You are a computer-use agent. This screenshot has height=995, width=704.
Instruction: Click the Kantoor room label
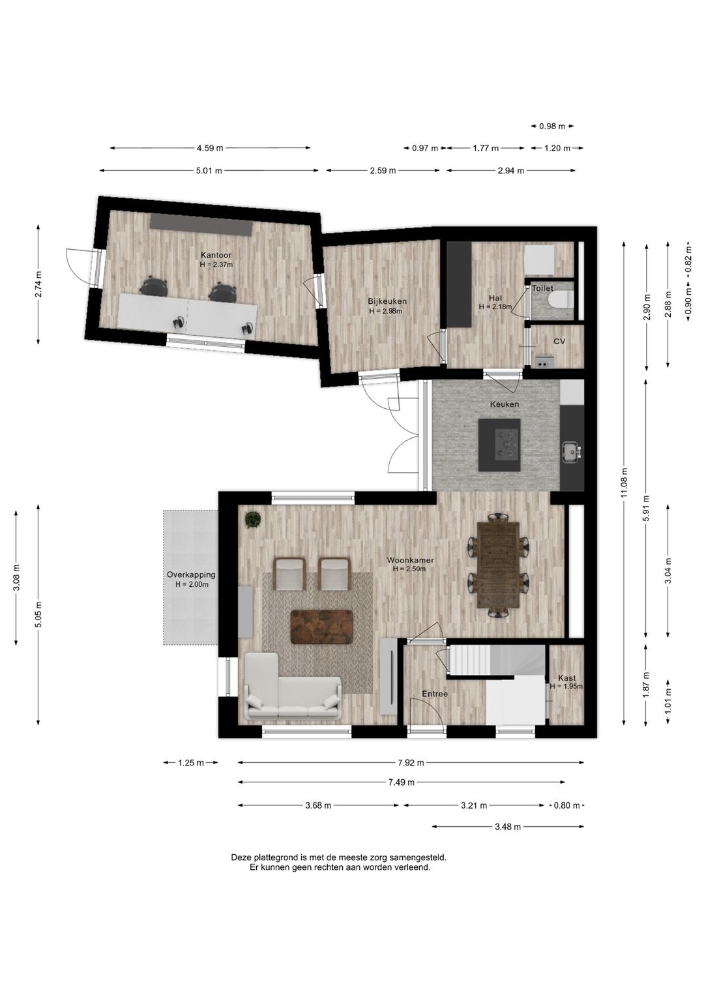point(216,255)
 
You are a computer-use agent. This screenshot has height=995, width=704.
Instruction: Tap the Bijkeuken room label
point(387,301)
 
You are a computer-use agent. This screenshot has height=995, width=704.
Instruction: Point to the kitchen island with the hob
point(499,445)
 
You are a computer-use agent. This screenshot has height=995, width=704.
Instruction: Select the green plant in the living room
point(253,519)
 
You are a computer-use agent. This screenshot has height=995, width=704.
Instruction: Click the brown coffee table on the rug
point(321,627)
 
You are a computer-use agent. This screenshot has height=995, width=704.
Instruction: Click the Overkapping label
point(191,574)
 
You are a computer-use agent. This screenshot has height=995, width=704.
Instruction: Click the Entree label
point(435,694)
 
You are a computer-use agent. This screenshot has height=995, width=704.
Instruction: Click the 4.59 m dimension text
point(210,148)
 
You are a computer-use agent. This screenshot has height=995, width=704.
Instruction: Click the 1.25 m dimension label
point(191,763)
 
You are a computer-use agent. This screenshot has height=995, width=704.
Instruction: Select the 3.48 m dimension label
point(508,827)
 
